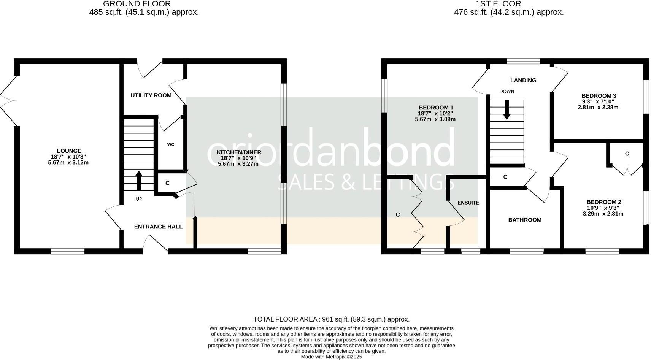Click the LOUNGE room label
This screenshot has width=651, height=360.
click(69, 151)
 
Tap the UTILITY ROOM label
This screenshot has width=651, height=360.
click(151, 95)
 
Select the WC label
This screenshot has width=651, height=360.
click(171, 144)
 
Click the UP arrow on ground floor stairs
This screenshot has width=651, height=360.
click(138, 181)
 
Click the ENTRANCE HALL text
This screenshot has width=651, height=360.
click(158, 227)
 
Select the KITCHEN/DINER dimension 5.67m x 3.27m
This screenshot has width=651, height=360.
click(238, 164)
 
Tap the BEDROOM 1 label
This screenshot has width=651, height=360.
click(436, 108)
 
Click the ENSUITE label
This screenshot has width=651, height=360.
click(468, 203)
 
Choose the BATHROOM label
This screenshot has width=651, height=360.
click(525, 220)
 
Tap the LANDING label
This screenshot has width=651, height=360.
click(523, 80)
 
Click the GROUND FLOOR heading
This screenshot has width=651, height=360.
click(137, 4)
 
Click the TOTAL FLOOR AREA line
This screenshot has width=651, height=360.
click(331, 319)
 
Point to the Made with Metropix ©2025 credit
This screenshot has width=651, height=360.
click(331, 357)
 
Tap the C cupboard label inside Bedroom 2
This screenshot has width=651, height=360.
click(627, 154)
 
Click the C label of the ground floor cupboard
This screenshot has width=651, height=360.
click(167, 183)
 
